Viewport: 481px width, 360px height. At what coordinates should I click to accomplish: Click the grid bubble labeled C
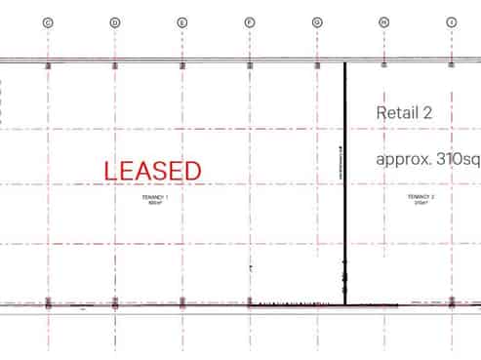click(48, 21)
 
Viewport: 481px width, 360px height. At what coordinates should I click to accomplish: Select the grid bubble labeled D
click(115, 21)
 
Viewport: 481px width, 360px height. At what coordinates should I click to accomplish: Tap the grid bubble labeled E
click(182, 21)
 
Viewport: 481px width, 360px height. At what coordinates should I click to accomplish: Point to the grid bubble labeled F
click(250, 21)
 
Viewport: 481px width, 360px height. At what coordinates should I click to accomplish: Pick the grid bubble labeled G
click(317, 21)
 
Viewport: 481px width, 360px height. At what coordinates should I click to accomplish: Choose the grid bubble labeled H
click(384, 21)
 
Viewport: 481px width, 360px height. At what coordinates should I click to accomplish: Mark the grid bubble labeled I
click(451, 21)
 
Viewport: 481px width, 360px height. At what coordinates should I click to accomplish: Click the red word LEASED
click(152, 171)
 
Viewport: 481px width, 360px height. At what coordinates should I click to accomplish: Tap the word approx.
click(404, 160)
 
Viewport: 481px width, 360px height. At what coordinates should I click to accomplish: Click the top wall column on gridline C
click(48, 65)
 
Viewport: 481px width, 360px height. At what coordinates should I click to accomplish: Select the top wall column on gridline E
click(182, 65)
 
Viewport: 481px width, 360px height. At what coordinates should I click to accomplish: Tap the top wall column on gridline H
click(384, 65)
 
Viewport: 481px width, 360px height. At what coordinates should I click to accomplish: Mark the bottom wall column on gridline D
click(115, 303)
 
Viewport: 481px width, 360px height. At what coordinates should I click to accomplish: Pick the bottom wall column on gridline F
click(250, 303)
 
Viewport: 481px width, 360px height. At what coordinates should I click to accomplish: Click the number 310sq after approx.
click(459, 160)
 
